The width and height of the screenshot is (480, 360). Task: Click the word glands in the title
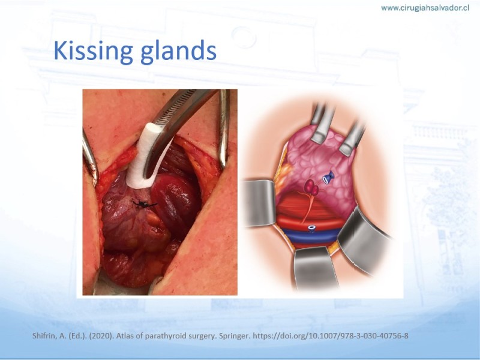(x=178, y=50)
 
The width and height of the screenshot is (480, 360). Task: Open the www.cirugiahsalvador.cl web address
(x=425, y=8)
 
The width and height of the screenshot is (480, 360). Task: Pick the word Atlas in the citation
(x=125, y=336)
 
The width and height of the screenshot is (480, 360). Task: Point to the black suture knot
(x=144, y=203)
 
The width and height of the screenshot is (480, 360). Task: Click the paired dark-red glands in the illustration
(x=311, y=187)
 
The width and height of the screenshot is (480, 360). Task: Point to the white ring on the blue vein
(x=312, y=228)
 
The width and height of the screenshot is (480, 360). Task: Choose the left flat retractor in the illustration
(x=260, y=203)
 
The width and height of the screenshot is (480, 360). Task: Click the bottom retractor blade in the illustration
(x=316, y=268)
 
